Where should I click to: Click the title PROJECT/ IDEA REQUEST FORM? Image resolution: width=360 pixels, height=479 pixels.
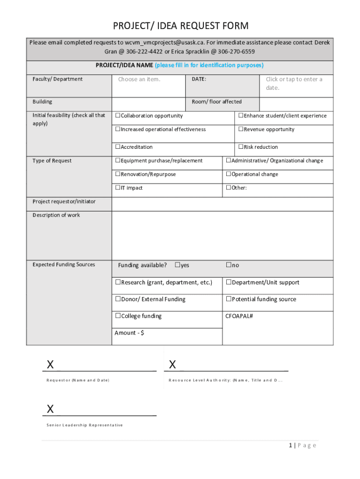pos(180,26)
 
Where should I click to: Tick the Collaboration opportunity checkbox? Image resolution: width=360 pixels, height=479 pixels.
pos(118,116)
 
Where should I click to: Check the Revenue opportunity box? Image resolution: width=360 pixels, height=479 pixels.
pos(241,129)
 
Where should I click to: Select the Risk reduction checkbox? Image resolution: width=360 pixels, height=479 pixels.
pos(241,147)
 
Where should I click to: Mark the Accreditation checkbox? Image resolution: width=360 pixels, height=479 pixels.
pos(118,147)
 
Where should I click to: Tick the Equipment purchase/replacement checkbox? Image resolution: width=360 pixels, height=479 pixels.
pos(118,160)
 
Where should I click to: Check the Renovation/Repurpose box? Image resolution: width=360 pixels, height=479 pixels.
pos(118,174)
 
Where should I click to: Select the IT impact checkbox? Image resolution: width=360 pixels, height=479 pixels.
pos(118,188)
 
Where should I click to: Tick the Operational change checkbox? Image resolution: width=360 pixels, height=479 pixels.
pos(229,174)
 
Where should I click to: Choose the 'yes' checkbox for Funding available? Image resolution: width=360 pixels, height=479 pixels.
pos(178,265)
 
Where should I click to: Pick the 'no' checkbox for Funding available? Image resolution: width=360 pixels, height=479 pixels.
pos(229,265)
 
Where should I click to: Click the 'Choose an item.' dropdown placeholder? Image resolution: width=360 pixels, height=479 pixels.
pos(139,79)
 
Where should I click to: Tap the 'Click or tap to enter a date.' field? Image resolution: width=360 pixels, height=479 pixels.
pos(294,83)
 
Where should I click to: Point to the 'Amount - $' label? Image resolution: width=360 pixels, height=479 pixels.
pos(130,333)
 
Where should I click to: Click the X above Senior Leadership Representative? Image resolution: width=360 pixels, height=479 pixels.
pos(50,409)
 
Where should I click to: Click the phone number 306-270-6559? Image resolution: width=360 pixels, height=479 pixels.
pos(236,51)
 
